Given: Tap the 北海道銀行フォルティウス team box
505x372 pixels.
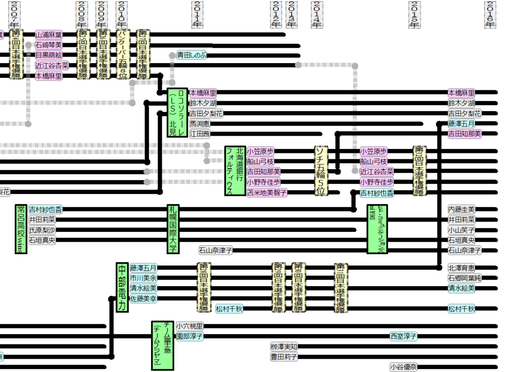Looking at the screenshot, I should point(235,170).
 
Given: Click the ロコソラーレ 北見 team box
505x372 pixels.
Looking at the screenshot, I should point(178,113).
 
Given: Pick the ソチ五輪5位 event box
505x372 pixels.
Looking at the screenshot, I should point(322,170).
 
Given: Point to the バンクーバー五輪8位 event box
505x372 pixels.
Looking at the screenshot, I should point(123,54).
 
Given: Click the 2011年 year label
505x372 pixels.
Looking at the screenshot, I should point(197,14).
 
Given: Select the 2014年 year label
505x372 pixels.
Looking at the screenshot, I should point(317,14).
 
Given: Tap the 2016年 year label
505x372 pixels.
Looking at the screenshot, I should point(491,14).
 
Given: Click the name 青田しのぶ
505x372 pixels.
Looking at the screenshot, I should point(192,55).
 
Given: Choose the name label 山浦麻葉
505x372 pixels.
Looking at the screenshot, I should point(48,35).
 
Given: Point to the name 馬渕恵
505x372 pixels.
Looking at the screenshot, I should point(200,123).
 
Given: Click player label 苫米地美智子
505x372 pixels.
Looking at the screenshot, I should point(267,192).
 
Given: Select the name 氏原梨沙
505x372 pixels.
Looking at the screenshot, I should point(42,230).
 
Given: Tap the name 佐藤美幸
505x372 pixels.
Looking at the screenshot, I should point(144,298).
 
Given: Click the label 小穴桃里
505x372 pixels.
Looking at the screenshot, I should point(189,326).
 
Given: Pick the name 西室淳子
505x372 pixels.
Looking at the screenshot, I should point(404,336).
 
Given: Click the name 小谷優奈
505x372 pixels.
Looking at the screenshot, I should point(403,367).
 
